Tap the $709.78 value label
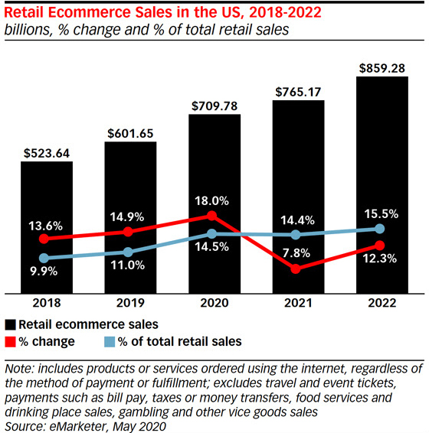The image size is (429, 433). pos(215,103)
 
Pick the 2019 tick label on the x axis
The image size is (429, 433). pos(130,302)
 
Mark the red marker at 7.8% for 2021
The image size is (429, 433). pos(296,269)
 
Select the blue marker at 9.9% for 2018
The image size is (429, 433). pos(45,259)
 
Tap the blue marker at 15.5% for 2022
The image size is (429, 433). pos(381,229)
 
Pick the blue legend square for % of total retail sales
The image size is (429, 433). pos(108,341)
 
